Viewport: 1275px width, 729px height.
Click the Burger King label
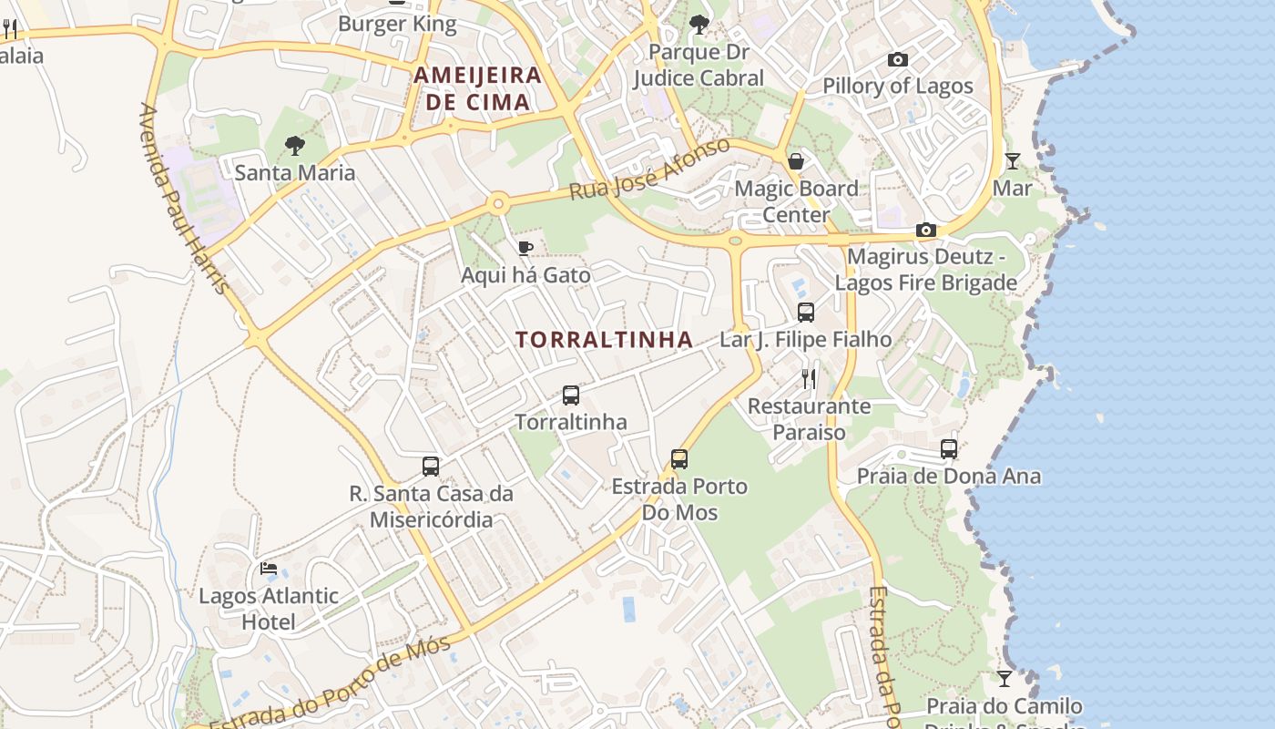click(397, 24)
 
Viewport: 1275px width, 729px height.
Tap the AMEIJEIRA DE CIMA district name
click(478, 88)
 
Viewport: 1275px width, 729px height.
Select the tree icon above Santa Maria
click(294, 145)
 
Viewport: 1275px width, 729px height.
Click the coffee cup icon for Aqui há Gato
click(525, 248)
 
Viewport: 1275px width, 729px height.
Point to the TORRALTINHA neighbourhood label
click(604, 340)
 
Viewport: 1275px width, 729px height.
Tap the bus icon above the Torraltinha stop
click(571, 395)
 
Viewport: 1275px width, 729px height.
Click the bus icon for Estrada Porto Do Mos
click(679, 459)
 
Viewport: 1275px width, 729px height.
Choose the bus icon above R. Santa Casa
click(431, 467)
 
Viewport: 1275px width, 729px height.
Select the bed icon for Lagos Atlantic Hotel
click(269, 569)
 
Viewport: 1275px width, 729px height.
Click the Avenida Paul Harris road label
click(182, 198)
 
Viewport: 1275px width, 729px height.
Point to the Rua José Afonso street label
click(649, 169)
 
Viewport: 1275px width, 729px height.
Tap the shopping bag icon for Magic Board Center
click(796, 161)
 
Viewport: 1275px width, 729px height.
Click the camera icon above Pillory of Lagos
click(898, 60)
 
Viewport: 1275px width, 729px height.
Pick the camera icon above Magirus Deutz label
click(926, 230)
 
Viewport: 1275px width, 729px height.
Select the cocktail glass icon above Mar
click(1012, 161)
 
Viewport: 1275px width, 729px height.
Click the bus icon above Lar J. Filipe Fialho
click(806, 313)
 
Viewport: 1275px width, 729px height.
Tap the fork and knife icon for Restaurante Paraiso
click(809, 378)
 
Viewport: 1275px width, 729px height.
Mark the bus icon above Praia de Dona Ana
click(949, 449)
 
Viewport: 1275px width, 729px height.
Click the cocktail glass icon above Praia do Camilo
click(1004, 679)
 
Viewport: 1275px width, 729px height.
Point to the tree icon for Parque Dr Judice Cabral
click(699, 25)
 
